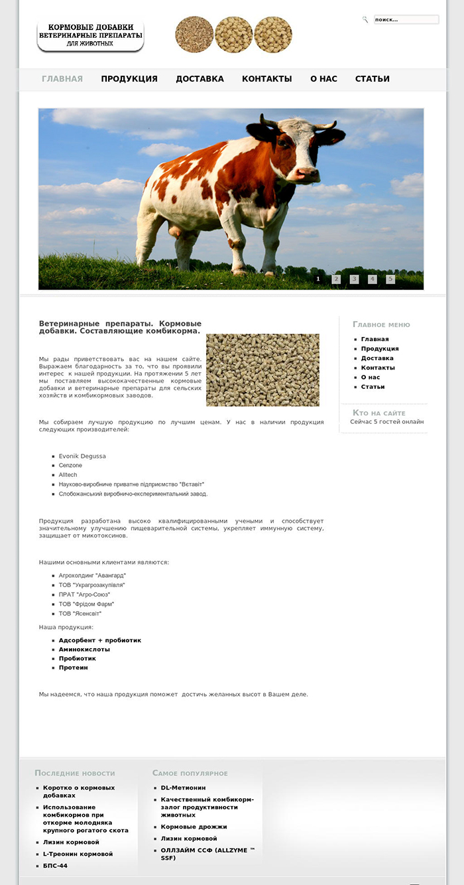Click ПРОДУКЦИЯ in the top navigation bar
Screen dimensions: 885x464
[129, 79]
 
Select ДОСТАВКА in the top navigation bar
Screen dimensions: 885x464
[200, 79]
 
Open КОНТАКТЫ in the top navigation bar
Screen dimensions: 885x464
[266, 79]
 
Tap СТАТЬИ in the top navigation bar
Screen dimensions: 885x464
[372, 79]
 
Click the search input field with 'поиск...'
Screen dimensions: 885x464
[406, 20]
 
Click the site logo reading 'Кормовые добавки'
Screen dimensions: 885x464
[90, 36]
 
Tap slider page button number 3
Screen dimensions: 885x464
[354, 279]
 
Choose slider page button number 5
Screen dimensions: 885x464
[390, 279]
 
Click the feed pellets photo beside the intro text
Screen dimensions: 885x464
[262, 370]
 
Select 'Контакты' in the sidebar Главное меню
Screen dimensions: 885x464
[378, 368]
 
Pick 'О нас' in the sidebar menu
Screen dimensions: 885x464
[371, 377]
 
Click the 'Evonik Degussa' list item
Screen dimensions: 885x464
[82, 456]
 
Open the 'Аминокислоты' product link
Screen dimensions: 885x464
[84, 649]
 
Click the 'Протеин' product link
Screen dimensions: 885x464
[73, 667]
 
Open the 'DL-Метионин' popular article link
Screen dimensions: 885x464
[183, 788]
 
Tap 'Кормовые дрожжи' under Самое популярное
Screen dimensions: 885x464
[194, 827]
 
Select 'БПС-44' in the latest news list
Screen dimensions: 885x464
[55, 866]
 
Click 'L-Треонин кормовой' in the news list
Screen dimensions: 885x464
[78, 854]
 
